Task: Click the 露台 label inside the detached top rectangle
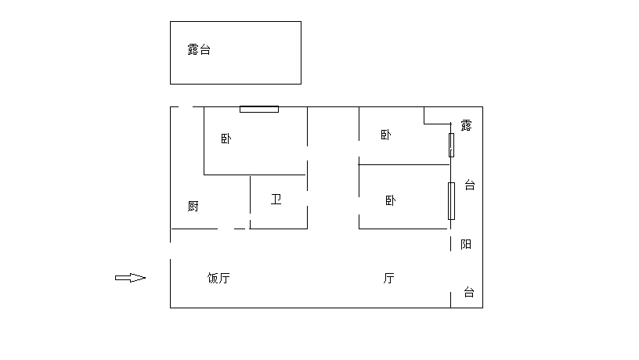(x=199, y=50)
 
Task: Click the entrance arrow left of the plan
(x=130, y=277)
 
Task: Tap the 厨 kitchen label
(x=193, y=207)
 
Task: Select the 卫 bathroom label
(x=276, y=199)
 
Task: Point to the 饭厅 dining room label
(x=218, y=278)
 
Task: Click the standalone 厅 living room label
(x=388, y=278)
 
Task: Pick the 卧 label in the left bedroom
(x=226, y=139)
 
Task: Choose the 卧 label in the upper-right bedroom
(x=385, y=135)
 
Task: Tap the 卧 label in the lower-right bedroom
(x=390, y=200)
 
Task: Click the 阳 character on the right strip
(x=466, y=244)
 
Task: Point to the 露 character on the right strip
(x=466, y=125)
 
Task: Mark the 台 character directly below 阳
(x=469, y=292)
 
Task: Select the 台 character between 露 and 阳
(x=470, y=185)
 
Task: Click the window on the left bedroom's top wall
(x=259, y=109)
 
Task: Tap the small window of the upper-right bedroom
(x=451, y=145)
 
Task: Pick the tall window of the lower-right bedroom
(x=451, y=201)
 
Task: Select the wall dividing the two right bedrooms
(x=403, y=164)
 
